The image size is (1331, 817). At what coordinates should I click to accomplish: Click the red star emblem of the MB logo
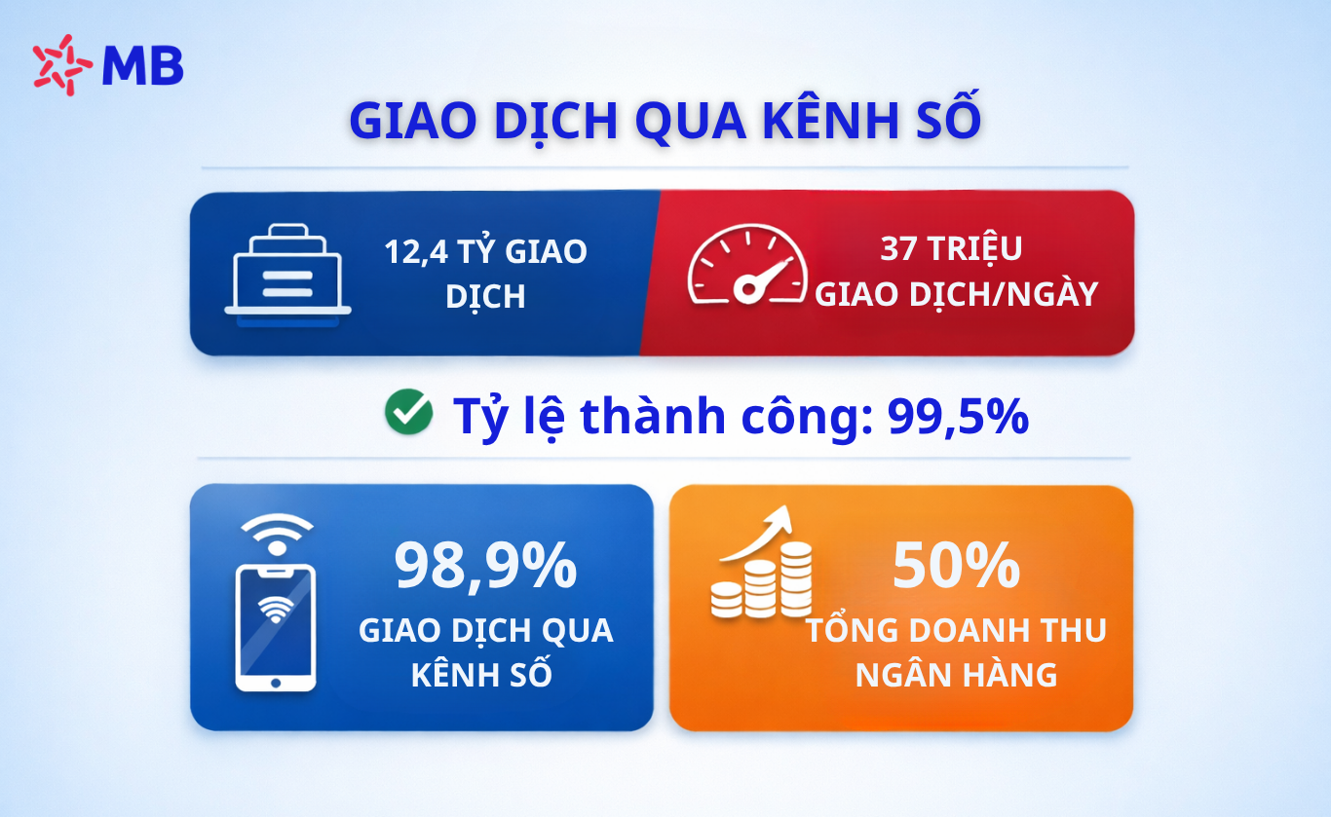61,64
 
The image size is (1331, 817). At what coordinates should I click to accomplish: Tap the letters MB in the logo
143,66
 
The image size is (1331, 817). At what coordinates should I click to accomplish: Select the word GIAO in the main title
413,121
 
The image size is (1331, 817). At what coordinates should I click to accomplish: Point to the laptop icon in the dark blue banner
287,275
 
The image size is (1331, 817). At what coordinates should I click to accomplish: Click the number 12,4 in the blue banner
416,252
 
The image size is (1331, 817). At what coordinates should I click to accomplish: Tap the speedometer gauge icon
747,264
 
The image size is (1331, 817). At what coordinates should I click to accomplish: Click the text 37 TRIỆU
951,248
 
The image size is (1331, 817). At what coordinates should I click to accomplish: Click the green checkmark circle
409,412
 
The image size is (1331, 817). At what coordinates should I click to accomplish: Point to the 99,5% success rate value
958,416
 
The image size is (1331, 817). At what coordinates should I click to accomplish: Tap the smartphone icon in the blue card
276,627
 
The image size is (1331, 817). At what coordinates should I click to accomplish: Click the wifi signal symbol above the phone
277,535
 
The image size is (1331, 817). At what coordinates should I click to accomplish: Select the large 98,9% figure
485,566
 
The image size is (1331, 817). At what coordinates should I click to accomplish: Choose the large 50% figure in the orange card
957,565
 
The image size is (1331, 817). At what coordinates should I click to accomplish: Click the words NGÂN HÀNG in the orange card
957,675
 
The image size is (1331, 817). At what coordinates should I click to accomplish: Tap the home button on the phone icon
276,684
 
